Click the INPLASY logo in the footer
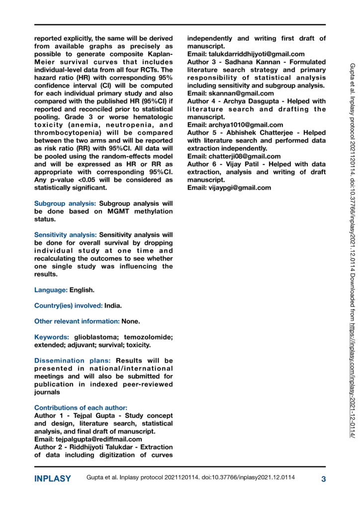pyautogui.click(x=53, y=479)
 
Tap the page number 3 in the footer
pyautogui.click(x=323, y=479)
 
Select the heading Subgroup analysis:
pyautogui.click(x=66, y=203)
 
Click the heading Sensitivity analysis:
pyautogui.click(x=66, y=235)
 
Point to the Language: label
pyautogui.click(x=51, y=289)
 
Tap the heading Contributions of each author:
pyautogui.click(x=80, y=407)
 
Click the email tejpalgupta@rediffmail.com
pyautogui.click(x=88, y=439)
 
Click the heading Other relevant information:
pyautogui.click(x=77, y=321)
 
